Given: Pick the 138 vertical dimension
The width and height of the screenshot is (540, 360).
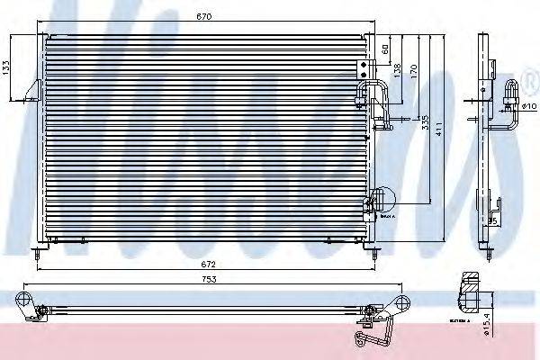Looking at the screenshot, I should [x=396, y=71].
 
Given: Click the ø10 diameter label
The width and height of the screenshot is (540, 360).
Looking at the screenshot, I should [x=528, y=105].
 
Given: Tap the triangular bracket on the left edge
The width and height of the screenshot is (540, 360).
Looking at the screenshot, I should [x=33, y=91].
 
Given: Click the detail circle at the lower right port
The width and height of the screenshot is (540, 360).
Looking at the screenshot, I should [x=382, y=198].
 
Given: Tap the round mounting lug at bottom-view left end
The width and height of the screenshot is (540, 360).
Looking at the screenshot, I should [x=26, y=299].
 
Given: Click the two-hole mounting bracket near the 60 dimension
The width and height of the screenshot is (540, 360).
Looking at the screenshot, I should [x=364, y=68].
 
